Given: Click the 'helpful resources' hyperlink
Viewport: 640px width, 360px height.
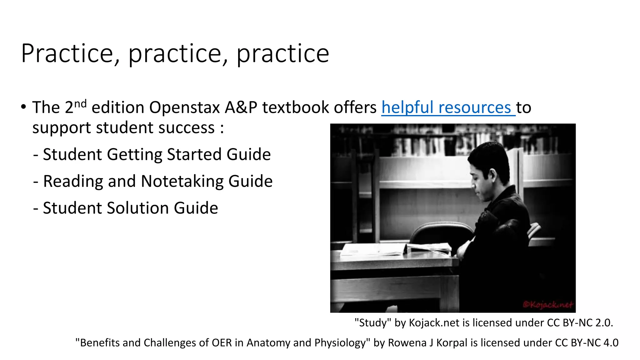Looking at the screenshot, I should click(x=448, y=108).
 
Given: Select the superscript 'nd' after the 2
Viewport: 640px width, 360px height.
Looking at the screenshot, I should click(x=80, y=103).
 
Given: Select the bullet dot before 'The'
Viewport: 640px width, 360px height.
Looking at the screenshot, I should click(x=24, y=107).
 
